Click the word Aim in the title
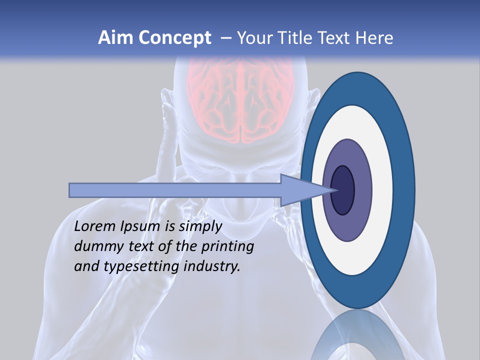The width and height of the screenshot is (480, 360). tap(115, 38)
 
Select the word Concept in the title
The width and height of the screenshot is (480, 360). tap(174, 38)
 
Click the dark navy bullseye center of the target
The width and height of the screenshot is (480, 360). tap(343, 190)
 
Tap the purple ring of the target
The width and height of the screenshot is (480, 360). tap(362, 190)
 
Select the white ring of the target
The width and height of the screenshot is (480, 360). tap(382, 190)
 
